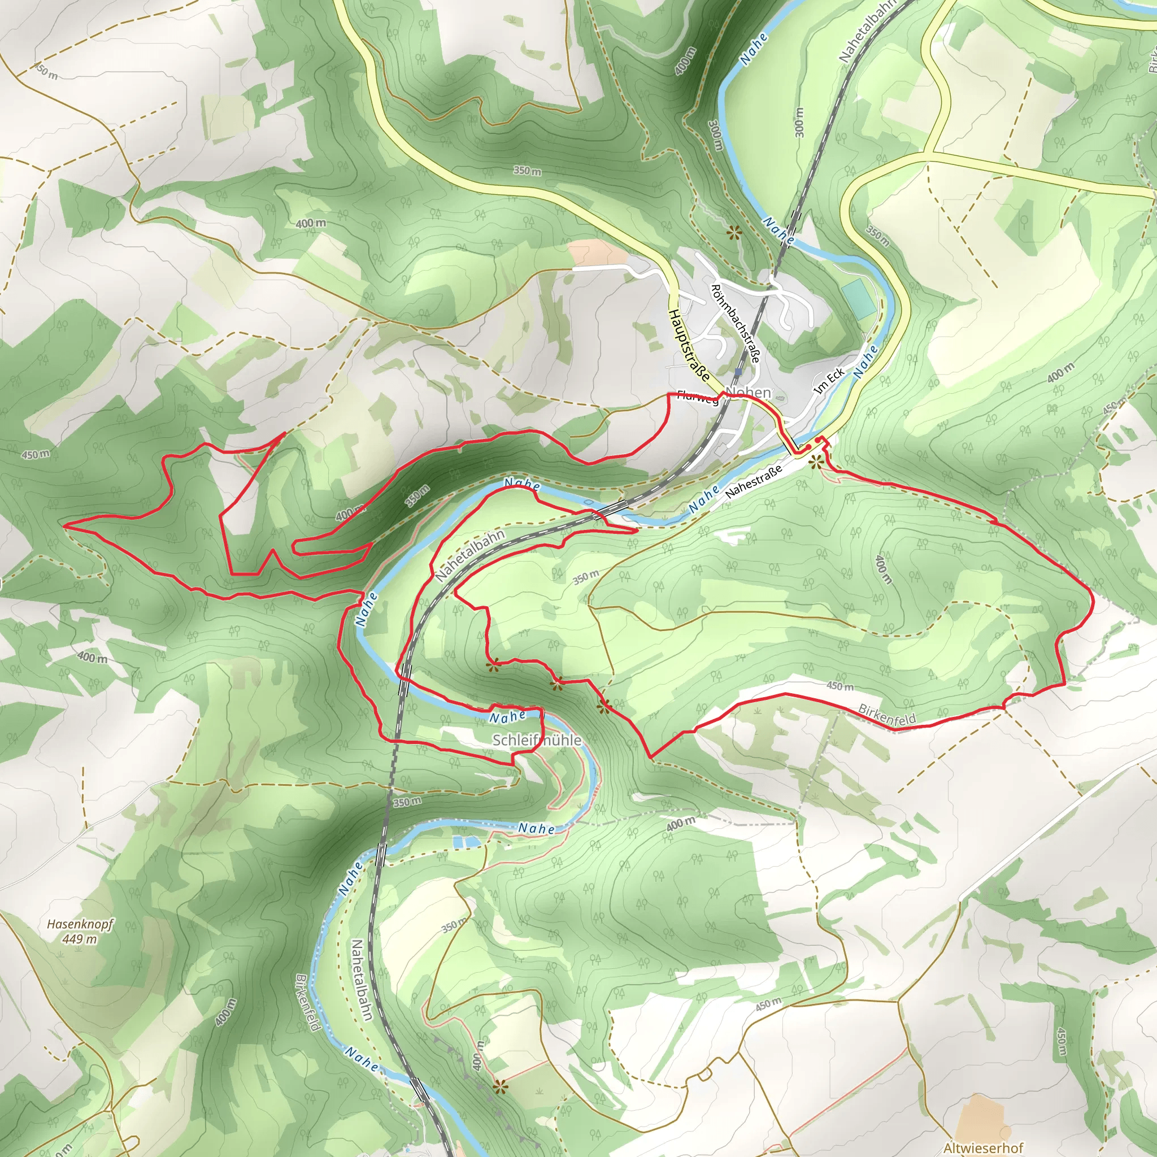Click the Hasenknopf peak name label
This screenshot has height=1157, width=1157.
click(80, 925)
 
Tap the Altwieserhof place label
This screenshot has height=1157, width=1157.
click(983, 1147)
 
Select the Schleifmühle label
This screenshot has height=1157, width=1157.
click(537, 740)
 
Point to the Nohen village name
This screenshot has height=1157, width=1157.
click(748, 393)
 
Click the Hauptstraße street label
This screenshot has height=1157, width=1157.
click(689, 346)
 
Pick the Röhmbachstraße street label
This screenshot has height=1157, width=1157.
click(736, 323)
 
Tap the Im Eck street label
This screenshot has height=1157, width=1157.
click(830, 380)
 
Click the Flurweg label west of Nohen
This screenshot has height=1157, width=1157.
click(698, 398)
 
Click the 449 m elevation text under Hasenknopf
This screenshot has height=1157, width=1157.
click(80, 938)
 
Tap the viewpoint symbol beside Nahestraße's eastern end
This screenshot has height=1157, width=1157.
click(815, 462)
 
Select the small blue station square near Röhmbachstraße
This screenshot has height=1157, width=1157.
click(738, 371)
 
